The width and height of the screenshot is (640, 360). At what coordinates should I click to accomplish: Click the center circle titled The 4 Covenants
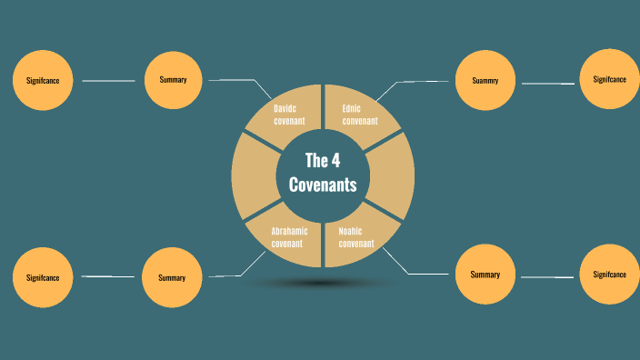pos(323,173)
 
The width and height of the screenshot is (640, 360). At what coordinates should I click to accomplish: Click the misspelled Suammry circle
pos(485,80)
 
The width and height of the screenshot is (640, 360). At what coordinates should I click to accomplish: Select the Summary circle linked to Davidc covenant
pos(173,80)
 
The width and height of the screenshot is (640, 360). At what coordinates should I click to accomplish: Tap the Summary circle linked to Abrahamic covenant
pos(172,277)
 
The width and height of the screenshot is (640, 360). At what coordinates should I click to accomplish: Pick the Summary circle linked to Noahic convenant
pos(485,275)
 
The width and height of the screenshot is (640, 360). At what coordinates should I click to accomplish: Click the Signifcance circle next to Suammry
pos(609,79)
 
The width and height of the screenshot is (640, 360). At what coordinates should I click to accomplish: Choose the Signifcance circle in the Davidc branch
pos(43,81)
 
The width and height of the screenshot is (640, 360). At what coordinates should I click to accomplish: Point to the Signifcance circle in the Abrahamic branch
pos(43,277)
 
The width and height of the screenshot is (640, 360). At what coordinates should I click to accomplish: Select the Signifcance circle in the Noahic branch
pos(609,275)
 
